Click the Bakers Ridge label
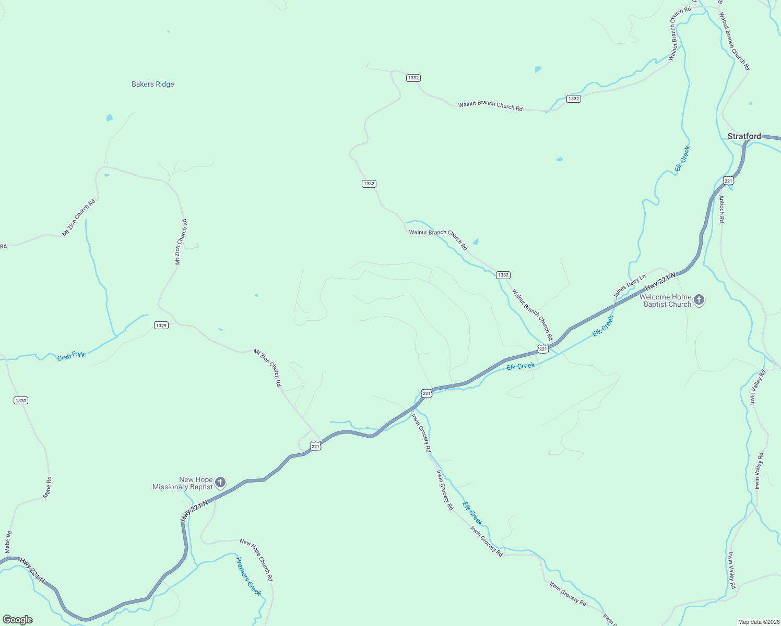[x=152, y=84]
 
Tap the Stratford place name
[x=744, y=136]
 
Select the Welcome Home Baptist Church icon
[x=700, y=300]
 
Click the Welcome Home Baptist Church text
[x=666, y=300]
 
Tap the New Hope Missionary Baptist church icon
[x=220, y=482]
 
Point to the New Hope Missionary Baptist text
[x=183, y=483]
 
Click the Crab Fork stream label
[x=71, y=356]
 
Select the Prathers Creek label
[x=248, y=576]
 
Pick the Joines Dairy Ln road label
[x=629, y=286]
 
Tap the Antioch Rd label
[x=721, y=209]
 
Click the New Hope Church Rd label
[x=256, y=560]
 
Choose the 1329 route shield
[x=161, y=326]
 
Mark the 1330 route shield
[x=21, y=401]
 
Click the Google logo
[x=18, y=620]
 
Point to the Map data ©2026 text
[x=757, y=622]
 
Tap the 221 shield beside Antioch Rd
[x=729, y=181]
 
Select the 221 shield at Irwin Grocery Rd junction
[x=427, y=393]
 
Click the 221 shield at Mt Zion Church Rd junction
[x=315, y=447]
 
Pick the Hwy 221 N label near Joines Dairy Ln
[x=660, y=282]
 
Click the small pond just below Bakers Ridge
[x=110, y=118]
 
